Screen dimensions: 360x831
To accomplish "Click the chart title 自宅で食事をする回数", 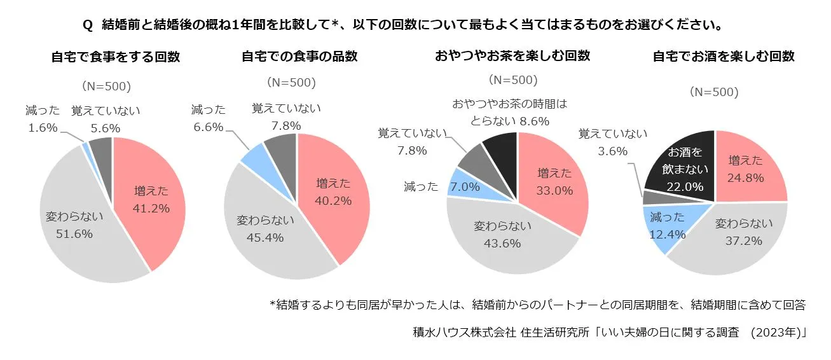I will pyautogui.click(x=116, y=57).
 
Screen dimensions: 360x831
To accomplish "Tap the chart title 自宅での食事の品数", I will pyautogui.click(x=299, y=56).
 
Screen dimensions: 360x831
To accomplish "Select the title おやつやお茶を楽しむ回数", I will pyautogui.click(x=512, y=55).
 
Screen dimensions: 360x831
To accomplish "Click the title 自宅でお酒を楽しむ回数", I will pyautogui.click(x=724, y=56).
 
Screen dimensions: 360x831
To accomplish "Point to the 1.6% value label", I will pyautogui.click(x=43, y=128).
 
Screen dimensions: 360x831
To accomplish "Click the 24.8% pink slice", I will pyautogui.click(x=748, y=169).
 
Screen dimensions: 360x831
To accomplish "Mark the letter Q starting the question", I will pyautogui.click(x=88, y=25).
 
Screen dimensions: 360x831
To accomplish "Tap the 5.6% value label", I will pyautogui.click(x=105, y=128).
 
